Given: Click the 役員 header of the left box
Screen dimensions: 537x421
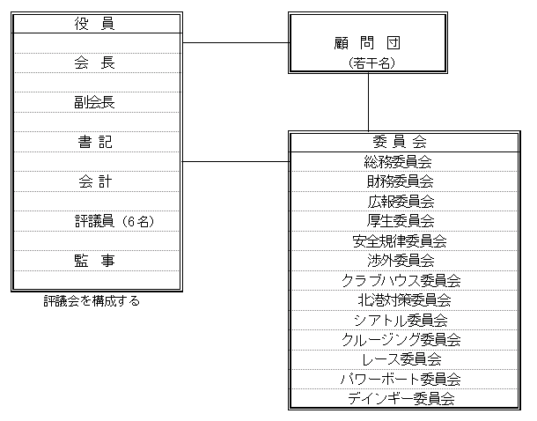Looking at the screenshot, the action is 94,24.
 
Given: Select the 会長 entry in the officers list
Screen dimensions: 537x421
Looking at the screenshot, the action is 94,63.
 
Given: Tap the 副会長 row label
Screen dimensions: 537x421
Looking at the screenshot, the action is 94,102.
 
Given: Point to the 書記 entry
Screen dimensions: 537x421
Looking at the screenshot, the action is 95,142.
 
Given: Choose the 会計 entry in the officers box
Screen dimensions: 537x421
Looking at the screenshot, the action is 95,181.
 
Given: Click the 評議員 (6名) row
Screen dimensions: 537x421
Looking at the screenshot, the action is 114,221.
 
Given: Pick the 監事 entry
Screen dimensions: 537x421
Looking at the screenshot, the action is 94,261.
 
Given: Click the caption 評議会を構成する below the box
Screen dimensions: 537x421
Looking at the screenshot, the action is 92,300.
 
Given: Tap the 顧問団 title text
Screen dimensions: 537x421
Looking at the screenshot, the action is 367,43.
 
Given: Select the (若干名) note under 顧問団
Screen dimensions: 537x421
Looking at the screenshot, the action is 371,63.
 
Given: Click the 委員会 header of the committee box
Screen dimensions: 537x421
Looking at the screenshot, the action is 400,142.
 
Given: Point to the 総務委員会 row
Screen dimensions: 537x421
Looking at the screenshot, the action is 398,162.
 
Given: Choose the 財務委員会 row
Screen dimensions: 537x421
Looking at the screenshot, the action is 400,181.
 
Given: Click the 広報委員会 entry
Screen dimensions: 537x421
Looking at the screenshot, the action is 401,202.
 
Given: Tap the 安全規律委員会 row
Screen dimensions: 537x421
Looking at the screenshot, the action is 400,241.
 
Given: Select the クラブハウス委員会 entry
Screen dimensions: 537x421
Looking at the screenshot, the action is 401,281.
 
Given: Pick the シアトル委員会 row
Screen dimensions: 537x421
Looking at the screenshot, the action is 401,321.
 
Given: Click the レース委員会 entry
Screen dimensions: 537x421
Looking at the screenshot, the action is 401,359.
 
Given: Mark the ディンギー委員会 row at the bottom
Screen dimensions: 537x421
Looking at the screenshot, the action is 401,399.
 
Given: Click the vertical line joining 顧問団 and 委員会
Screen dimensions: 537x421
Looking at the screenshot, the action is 369,102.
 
